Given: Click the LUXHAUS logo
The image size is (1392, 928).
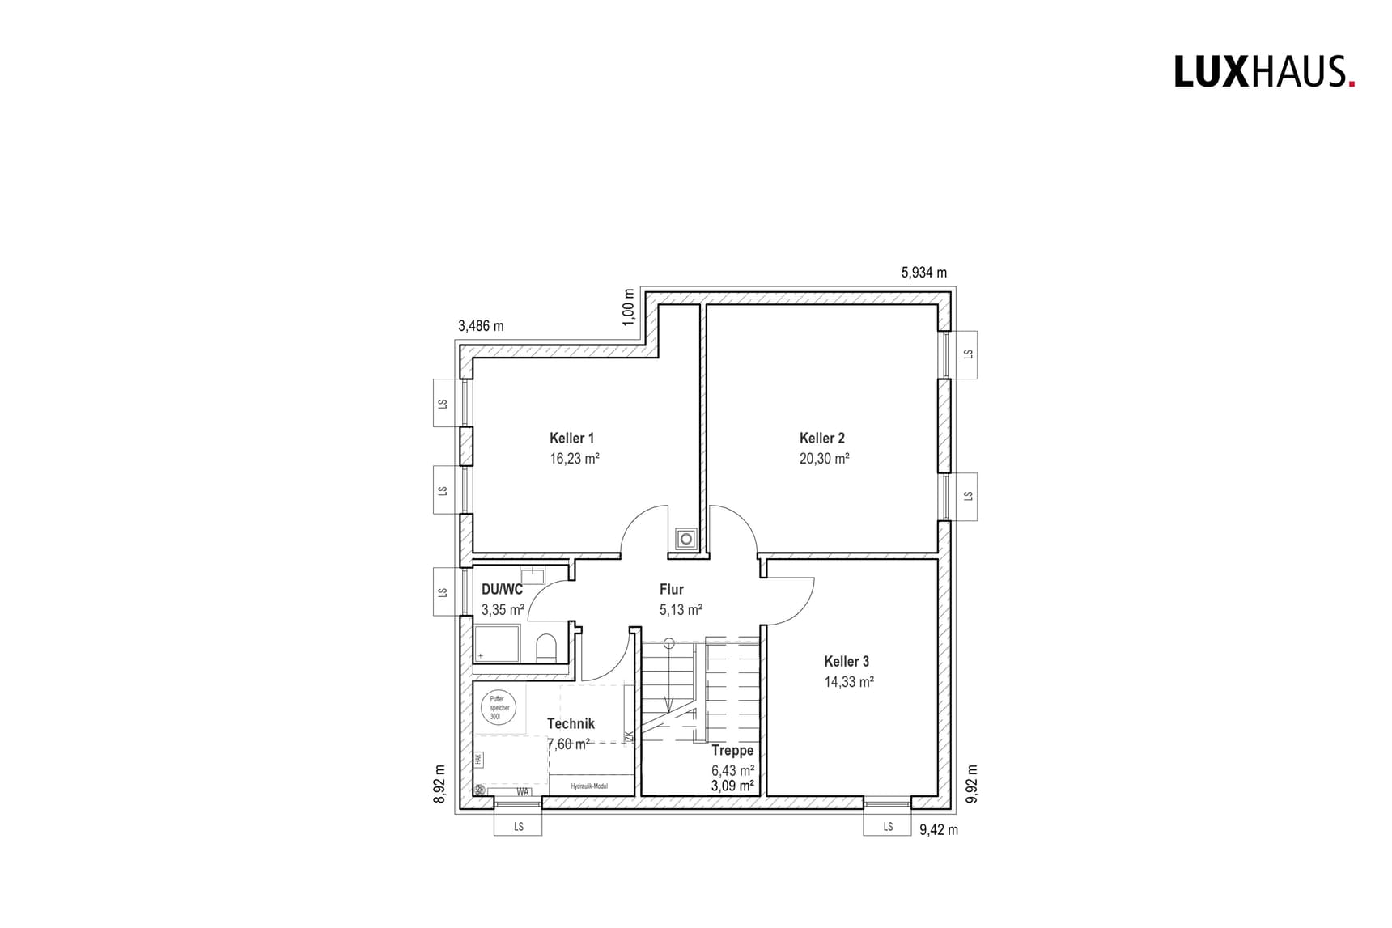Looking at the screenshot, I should click(1264, 72).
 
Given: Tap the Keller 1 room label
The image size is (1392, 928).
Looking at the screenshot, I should click(571, 438).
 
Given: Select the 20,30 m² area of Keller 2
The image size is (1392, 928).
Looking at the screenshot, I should click(824, 459).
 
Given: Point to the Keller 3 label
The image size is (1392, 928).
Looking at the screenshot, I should click(847, 661).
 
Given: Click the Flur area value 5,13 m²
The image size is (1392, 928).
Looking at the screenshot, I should click(681, 610).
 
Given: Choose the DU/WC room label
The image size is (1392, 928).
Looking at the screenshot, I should click(502, 590).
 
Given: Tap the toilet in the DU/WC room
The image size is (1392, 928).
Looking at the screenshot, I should click(546, 648).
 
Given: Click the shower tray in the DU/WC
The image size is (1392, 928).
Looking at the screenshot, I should click(497, 643).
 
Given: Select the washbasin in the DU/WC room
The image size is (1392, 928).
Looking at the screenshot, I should click(532, 576).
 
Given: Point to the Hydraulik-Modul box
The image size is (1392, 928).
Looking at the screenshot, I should click(589, 786).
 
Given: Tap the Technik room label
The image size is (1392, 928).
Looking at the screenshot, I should click(571, 724).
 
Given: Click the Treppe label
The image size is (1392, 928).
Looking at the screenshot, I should click(732, 751).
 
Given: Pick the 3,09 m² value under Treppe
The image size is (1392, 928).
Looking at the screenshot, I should click(732, 786).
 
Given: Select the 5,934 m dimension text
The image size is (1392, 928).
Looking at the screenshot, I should click(923, 273).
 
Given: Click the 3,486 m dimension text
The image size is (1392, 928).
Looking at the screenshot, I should click(481, 326).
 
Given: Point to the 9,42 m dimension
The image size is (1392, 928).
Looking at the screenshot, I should click(939, 830).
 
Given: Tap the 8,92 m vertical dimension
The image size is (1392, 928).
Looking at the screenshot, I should click(440, 783).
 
